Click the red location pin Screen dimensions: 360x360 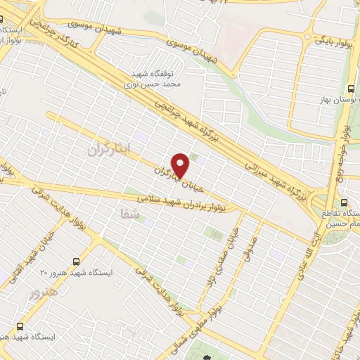pyautogui.click(x=181, y=165)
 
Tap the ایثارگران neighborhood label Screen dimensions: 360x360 pyautogui.click(x=100, y=149)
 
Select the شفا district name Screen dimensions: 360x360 pyautogui.click(x=130, y=218)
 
